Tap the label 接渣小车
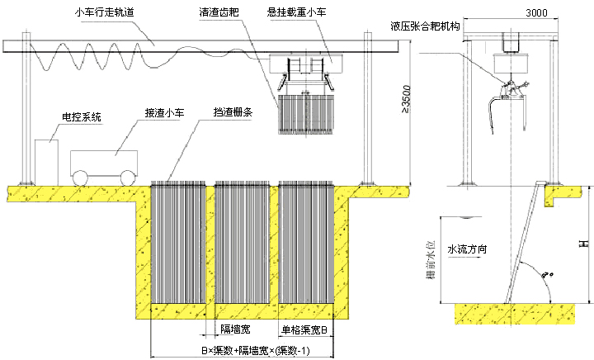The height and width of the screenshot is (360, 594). pos(164,110)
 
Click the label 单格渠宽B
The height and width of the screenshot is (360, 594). pos(305,329)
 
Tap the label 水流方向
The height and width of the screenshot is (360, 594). pos(468,247)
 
